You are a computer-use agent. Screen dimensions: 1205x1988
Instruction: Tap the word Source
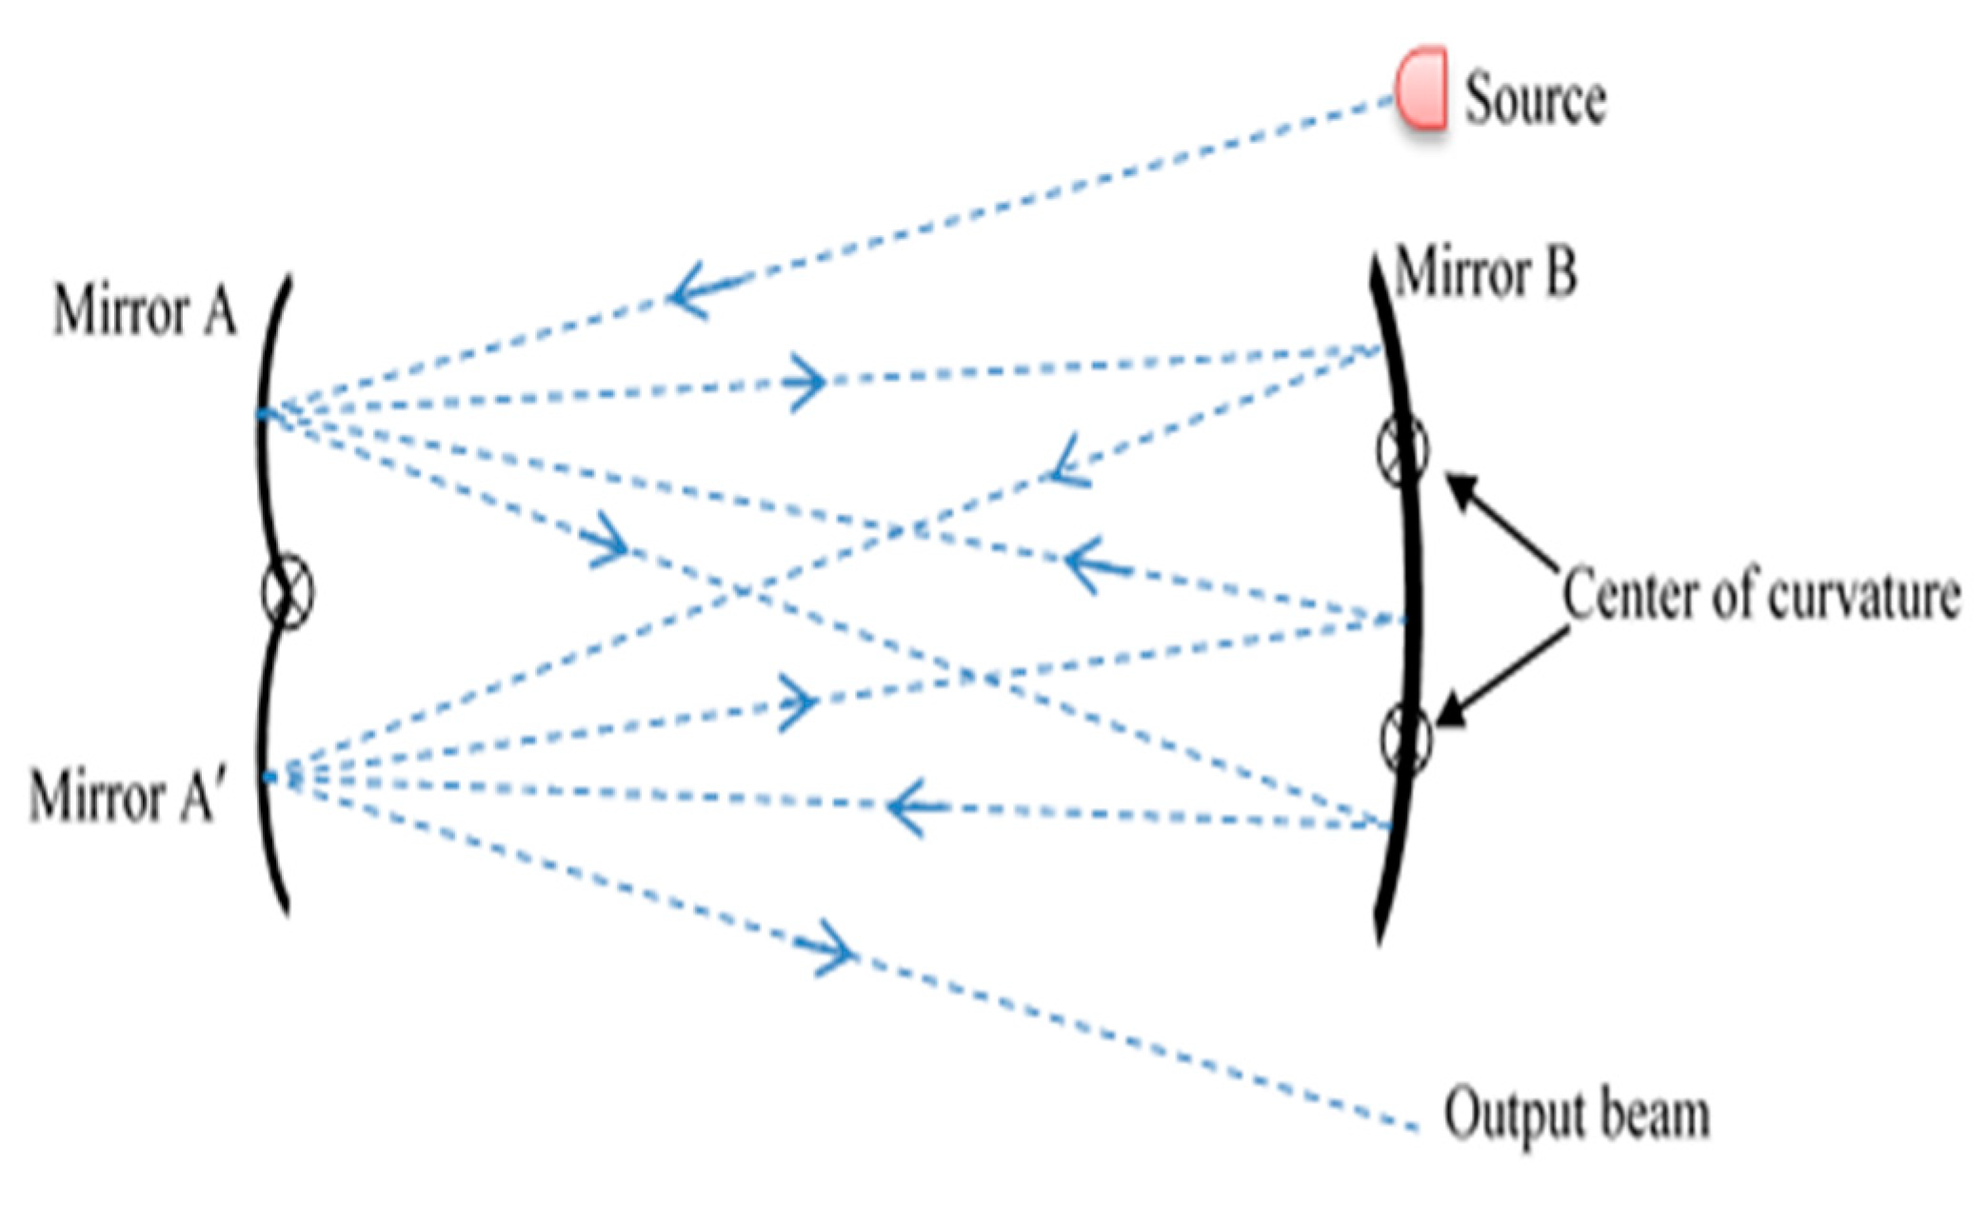tap(1535, 98)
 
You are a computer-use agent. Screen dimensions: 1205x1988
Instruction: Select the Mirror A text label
tap(144, 310)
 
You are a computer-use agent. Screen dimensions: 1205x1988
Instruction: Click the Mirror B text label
tap(1485, 273)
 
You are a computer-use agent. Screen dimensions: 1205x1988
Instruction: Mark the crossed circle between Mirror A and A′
tap(287, 592)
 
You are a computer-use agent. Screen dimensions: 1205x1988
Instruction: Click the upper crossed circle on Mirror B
tap(1402, 450)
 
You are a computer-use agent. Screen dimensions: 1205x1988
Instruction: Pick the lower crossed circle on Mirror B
tap(1406, 738)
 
